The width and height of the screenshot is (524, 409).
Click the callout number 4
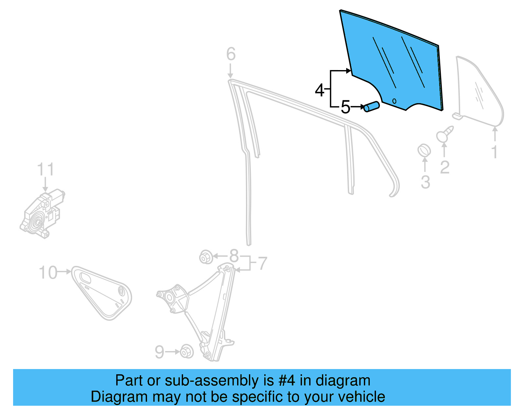[319, 90]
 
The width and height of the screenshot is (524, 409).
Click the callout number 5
[345, 107]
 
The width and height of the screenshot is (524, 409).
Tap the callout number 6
[231, 54]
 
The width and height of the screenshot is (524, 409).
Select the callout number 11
[45, 170]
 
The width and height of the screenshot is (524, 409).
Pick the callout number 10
[48, 272]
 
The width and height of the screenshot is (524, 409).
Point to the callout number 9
[159, 352]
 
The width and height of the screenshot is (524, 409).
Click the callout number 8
[234, 256]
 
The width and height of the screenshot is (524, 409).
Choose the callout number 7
[263, 264]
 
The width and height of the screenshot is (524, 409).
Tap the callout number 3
[425, 182]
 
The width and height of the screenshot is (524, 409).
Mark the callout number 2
[444, 167]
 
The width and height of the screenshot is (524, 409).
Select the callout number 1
[495, 152]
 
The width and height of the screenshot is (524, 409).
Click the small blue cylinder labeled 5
[371, 107]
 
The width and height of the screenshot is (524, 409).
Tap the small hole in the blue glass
[394, 101]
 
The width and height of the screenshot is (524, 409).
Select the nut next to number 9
[187, 352]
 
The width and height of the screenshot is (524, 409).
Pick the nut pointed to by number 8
[206, 257]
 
